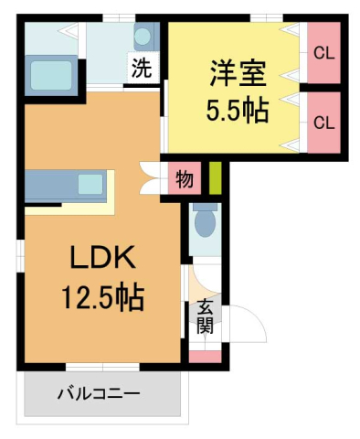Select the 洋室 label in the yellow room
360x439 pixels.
click(x=235, y=71)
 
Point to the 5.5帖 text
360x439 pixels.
click(x=235, y=111)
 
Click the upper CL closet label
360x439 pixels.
click(x=323, y=53)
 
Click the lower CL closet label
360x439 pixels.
click(x=323, y=122)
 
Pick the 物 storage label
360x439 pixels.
click(x=184, y=179)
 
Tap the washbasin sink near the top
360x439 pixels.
click(x=144, y=37)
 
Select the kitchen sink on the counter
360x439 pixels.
click(x=90, y=184)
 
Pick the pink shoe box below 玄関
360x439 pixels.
click(x=205, y=355)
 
